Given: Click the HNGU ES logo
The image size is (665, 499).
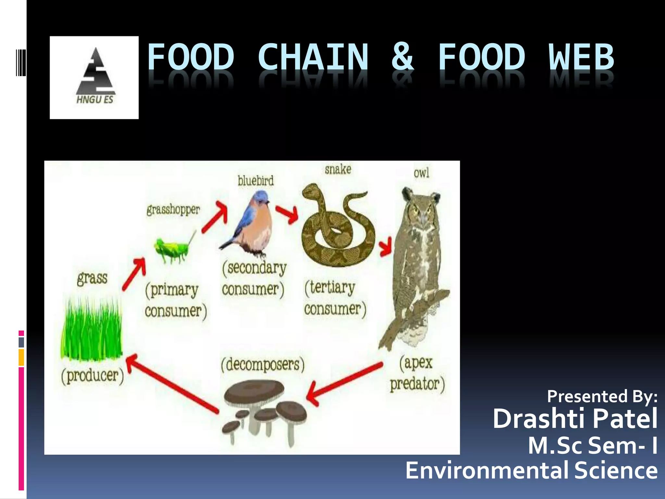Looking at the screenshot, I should click(x=94, y=77).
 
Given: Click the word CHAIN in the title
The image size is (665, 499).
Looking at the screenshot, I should click(x=313, y=57).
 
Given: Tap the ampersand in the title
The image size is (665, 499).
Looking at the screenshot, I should click(x=403, y=57).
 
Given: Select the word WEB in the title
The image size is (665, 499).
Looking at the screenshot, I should click(x=581, y=57).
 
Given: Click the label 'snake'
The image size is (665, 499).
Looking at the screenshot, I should click(x=338, y=169).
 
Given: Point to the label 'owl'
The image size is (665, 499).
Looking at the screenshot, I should click(x=421, y=173).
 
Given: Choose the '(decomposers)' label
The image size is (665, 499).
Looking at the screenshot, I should click(x=263, y=364).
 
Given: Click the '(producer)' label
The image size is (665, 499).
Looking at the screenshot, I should click(x=93, y=376).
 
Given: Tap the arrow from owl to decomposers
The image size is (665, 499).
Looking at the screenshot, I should click(x=344, y=383).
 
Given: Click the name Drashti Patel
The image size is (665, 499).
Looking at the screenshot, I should click(x=575, y=419).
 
